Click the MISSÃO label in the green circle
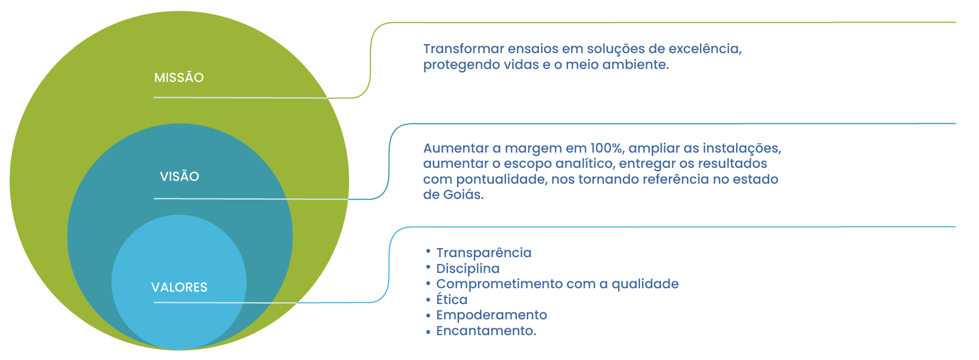point(179,77)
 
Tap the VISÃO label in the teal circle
point(179,176)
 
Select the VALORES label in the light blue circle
point(179,287)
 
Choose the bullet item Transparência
point(484,253)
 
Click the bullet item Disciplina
point(468,268)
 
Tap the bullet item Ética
point(452,300)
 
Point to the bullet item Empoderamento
point(491,315)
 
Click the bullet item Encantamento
point(486,331)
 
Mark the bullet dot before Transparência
point(428,250)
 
